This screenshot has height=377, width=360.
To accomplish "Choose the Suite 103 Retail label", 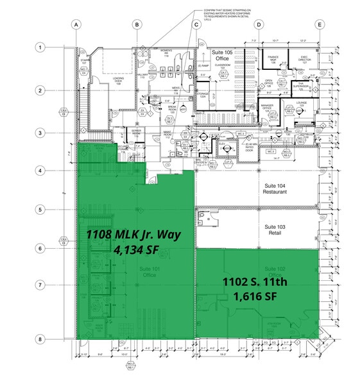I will tap(275, 229).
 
